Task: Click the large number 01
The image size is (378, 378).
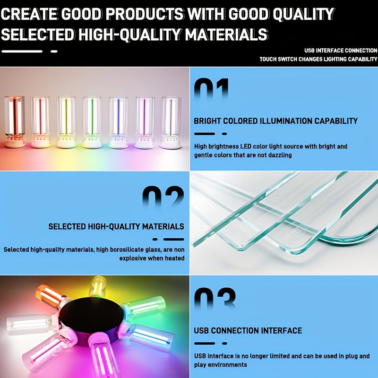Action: (211, 90)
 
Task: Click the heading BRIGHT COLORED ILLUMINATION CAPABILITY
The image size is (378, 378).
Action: (275, 121)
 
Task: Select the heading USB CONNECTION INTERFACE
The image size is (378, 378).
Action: (248, 330)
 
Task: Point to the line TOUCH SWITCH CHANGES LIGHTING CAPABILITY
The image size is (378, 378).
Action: (318, 60)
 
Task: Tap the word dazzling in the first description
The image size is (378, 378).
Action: (277, 155)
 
